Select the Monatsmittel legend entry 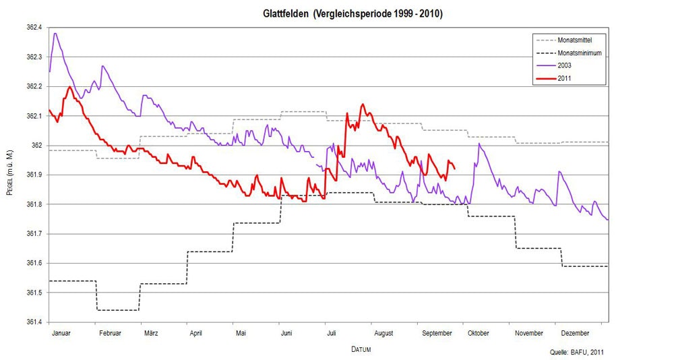point(575,40)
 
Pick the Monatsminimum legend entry point(579,53)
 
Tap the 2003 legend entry point(565,66)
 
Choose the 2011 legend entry point(565,79)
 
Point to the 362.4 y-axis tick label point(33,28)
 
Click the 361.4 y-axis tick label point(33,322)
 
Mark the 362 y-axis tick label point(36,146)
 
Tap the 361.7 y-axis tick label point(33,234)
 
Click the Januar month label point(61,333)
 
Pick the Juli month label point(330,333)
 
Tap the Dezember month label point(575,333)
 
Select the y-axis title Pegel point(9,175)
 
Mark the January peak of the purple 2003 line point(55,33)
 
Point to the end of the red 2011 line point(455,169)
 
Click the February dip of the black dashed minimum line point(118,310)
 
